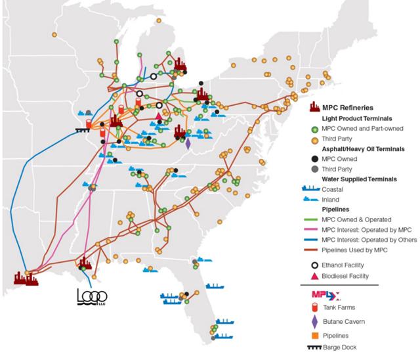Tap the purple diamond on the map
(x=188, y=143)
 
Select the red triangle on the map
(x=158, y=118)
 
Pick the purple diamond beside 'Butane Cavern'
(x=315, y=321)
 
